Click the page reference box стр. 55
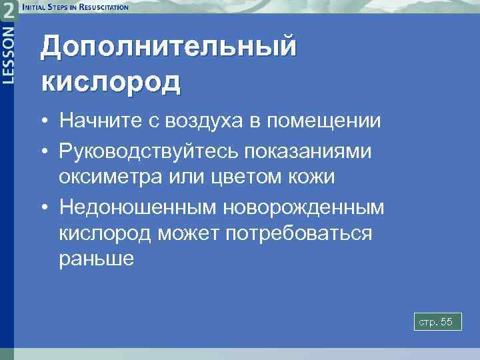tap(436, 323)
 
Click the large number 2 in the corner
tap(9, 11)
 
